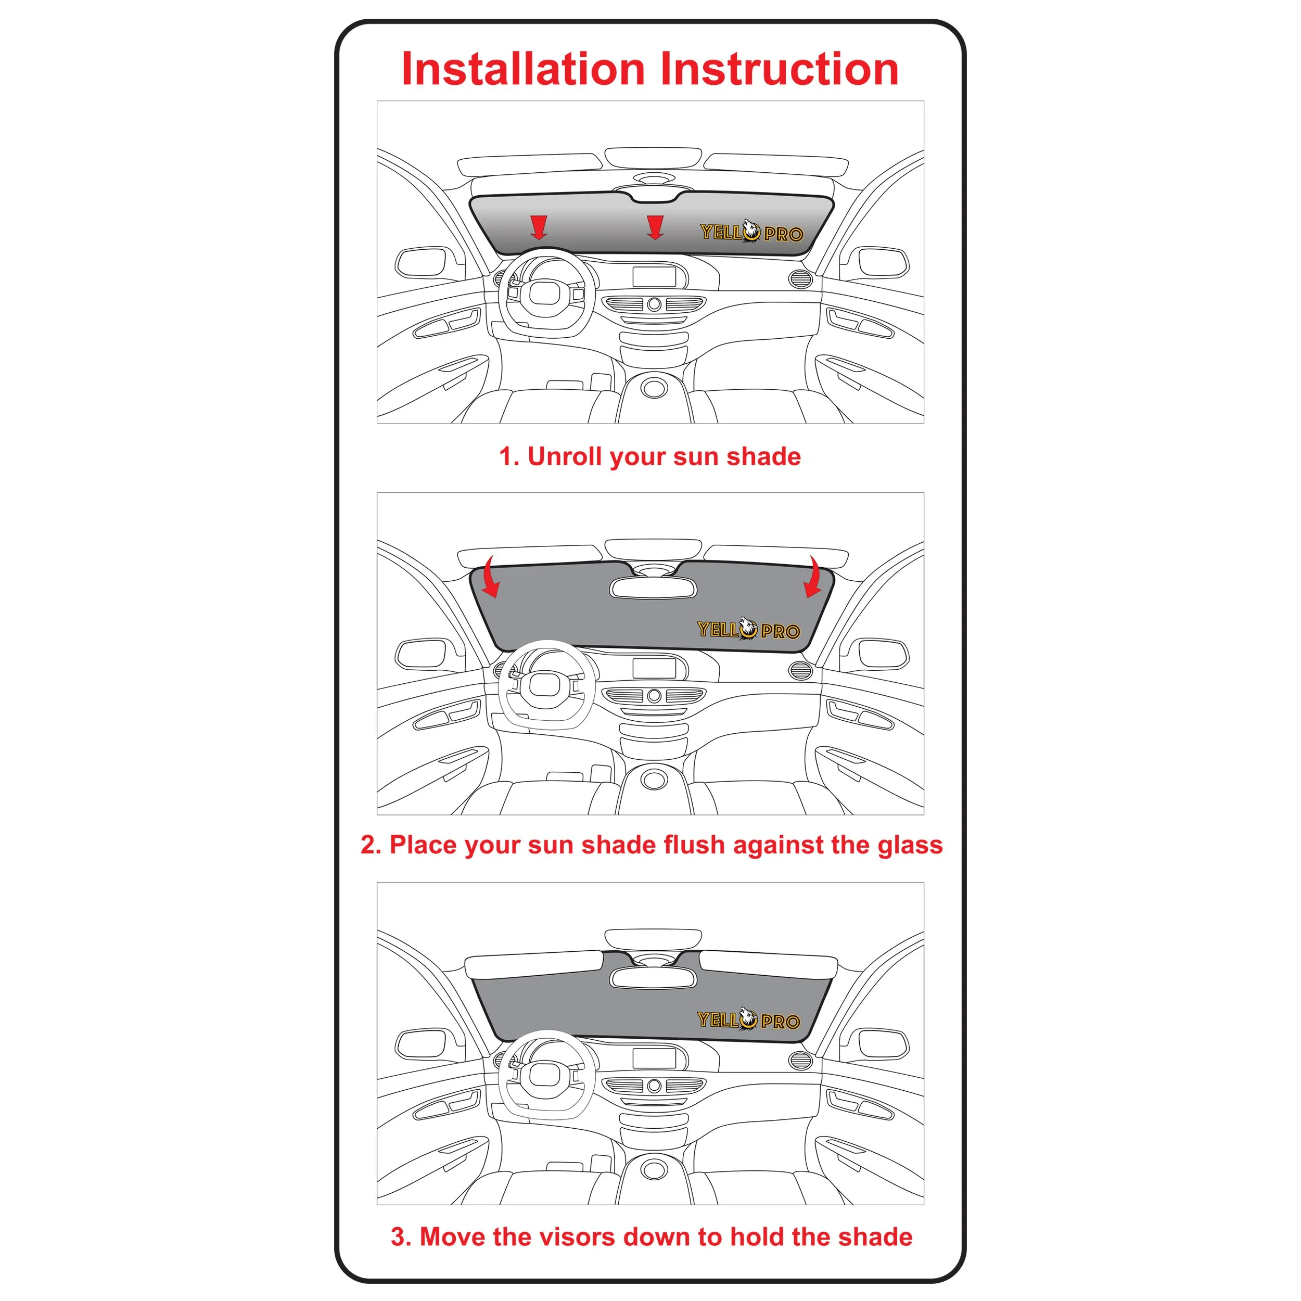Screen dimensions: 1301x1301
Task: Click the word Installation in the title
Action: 523,69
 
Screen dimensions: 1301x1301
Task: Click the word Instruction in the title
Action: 780,69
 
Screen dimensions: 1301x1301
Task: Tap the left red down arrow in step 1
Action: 538,227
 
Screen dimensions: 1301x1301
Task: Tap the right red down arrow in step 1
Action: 655,227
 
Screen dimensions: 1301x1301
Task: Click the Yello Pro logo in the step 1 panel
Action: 751,232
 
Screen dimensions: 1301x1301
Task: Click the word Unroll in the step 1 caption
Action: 564,456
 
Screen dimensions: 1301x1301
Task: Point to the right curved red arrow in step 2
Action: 813,577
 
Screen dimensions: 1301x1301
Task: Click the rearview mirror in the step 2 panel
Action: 653,587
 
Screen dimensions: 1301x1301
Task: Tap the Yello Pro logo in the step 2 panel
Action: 748,629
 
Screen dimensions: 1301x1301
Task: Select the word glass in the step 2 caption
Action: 910,846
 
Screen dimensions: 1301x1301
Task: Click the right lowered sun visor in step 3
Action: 768,965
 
